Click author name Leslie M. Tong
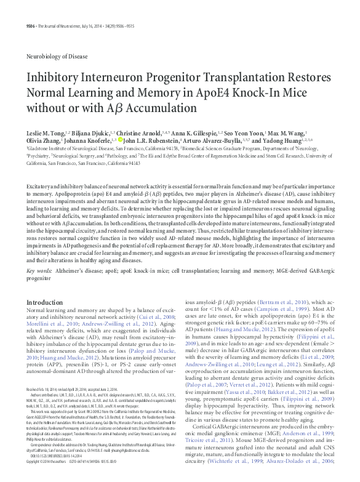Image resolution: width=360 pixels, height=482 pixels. pyautogui.click(x=47, y=134)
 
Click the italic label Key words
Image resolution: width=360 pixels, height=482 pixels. pyautogui.click(x=39, y=270)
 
